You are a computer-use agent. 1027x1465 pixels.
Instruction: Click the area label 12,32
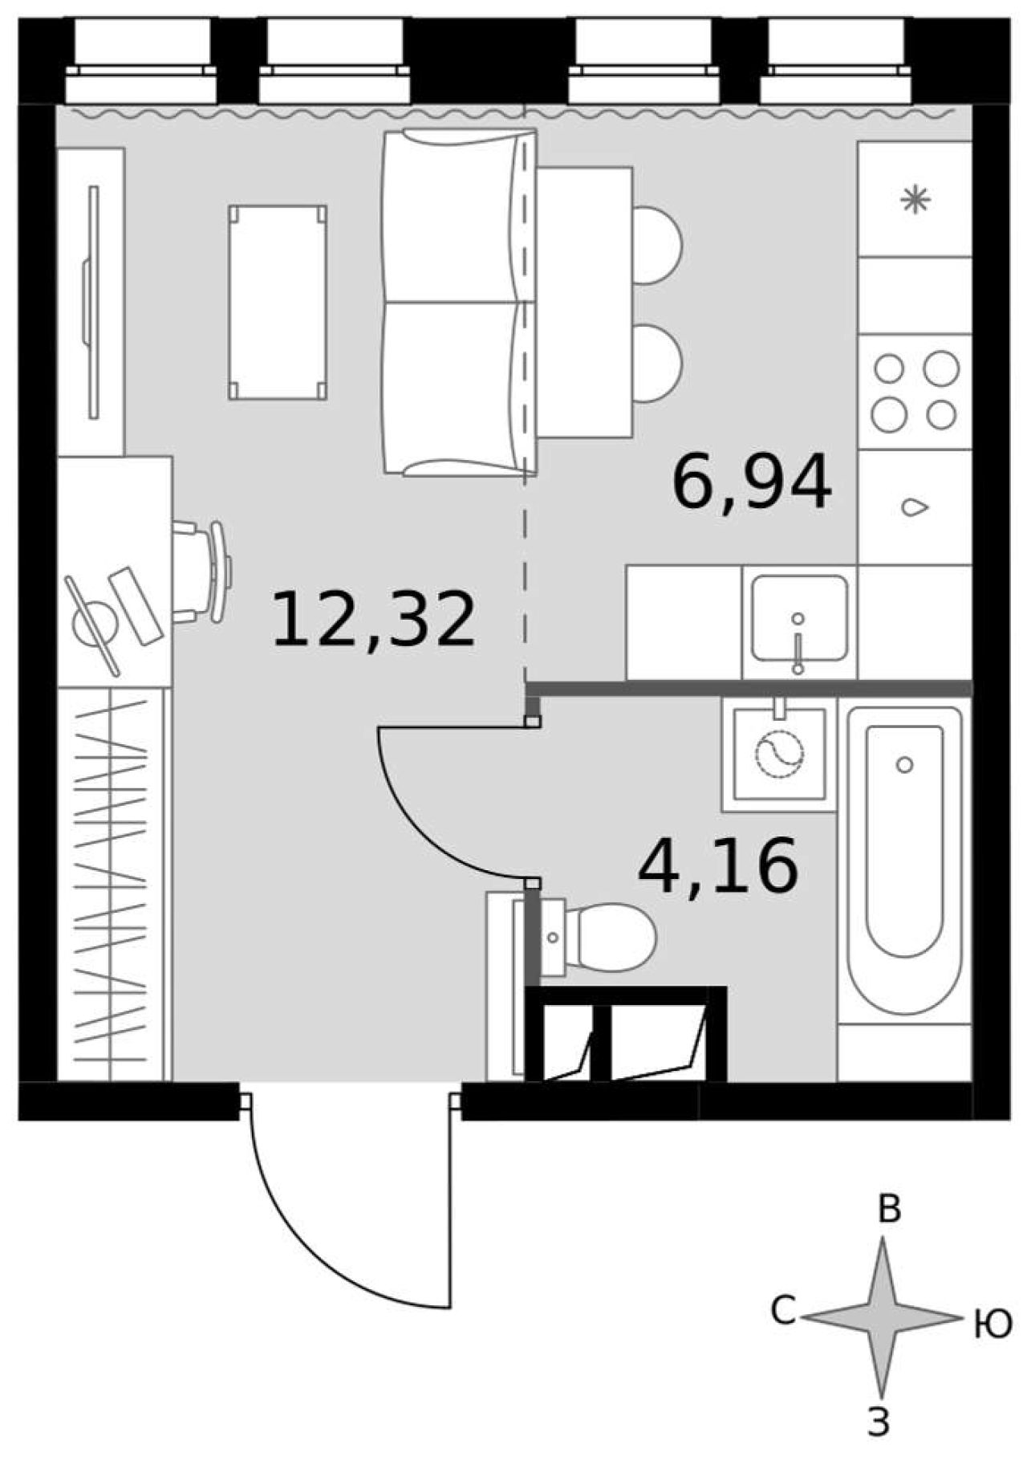[374, 618]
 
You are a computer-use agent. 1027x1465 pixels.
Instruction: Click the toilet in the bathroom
[598, 937]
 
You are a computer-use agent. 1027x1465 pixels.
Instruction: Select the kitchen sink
[798, 618]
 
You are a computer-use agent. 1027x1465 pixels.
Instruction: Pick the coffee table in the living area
[278, 302]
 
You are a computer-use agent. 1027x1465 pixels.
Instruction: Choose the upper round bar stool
[658, 245]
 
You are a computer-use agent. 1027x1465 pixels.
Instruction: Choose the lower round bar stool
[658, 364]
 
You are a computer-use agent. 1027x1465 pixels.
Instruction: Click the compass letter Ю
[993, 1325]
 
